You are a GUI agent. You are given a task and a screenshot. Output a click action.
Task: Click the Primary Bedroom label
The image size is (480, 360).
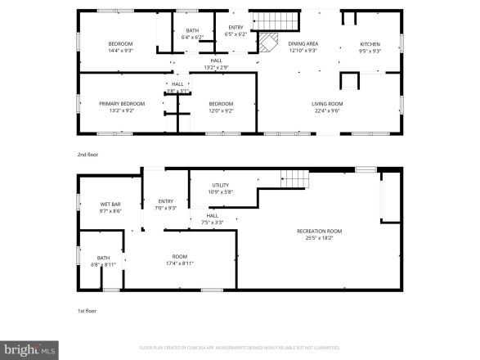click(122, 104)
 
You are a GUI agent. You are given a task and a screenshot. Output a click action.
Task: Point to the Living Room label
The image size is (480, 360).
click(326, 104)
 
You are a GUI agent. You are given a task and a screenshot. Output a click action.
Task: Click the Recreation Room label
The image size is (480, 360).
click(319, 232)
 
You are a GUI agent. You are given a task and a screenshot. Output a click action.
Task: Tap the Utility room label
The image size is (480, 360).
click(221, 185)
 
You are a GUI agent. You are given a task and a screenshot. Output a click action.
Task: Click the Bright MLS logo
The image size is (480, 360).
click(29, 349)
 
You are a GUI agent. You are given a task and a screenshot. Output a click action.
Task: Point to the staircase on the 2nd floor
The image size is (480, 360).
click(265, 20)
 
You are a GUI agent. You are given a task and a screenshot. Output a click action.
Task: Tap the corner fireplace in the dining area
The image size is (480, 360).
click(267, 43)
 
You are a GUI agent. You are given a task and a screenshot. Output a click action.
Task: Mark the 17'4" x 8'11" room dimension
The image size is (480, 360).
click(180, 263)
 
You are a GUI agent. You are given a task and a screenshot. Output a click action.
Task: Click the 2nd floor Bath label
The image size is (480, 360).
click(192, 30)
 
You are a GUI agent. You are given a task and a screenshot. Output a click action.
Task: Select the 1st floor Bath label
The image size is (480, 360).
click(103, 258)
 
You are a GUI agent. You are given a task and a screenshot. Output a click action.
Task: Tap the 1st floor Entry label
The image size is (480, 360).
click(166, 200)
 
